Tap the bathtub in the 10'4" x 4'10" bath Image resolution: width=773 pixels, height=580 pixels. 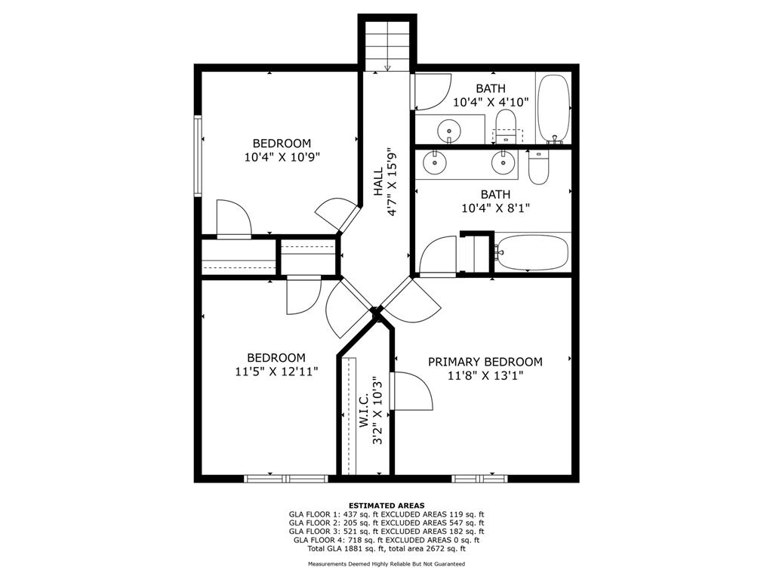554,108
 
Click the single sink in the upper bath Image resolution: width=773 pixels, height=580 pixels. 450,128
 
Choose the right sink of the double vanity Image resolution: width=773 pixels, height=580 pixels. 502,161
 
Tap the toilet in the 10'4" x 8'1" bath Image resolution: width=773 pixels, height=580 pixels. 538,166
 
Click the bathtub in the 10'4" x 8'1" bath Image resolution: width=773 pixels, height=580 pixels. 531,252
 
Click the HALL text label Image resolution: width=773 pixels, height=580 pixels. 378,182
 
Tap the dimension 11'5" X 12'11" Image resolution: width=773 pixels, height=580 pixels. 276,372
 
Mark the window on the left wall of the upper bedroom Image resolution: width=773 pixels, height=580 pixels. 199,155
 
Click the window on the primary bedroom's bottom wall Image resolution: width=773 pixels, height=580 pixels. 480,478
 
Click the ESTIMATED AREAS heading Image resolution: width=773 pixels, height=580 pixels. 386,505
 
